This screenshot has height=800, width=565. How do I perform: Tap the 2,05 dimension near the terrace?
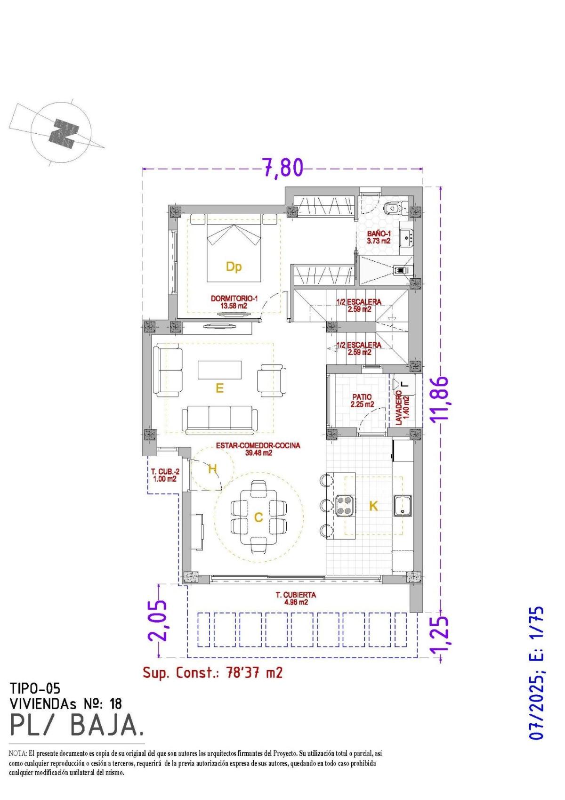[x=157, y=621]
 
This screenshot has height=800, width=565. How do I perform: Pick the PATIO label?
[x=362, y=400]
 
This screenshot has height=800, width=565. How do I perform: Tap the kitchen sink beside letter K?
[x=403, y=506]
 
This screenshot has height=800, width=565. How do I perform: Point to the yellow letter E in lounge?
[x=219, y=388]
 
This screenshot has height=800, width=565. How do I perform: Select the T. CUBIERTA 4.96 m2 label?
[x=296, y=598]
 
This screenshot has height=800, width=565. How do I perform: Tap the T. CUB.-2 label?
[x=164, y=475]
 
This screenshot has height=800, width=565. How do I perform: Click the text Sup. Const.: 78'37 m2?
[x=212, y=672]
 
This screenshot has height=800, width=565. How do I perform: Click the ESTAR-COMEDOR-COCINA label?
[x=258, y=449]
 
